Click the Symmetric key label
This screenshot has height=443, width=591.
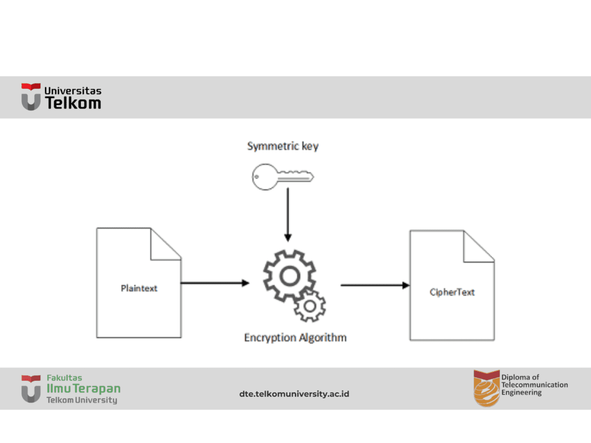(x=283, y=146)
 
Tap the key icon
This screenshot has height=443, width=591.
(x=282, y=177)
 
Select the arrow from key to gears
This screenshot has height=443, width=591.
(x=287, y=213)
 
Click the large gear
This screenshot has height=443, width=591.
(x=289, y=275)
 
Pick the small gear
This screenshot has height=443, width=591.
(x=310, y=306)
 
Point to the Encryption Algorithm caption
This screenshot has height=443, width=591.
(x=295, y=337)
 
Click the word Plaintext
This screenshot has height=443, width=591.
(x=139, y=288)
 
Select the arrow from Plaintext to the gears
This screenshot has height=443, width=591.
(x=215, y=283)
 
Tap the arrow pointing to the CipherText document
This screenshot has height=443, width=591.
(x=375, y=285)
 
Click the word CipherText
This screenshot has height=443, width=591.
(x=452, y=292)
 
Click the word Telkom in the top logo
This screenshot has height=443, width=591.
(x=73, y=103)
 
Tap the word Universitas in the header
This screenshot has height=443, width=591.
(x=73, y=91)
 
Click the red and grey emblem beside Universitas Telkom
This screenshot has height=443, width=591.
(x=31, y=96)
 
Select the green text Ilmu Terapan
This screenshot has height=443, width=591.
(x=84, y=389)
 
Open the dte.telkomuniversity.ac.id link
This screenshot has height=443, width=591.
(x=294, y=394)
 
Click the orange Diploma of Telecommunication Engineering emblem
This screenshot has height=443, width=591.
(x=486, y=388)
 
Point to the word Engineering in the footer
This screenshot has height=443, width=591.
(x=521, y=393)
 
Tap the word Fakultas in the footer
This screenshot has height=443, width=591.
(x=64, y=378)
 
